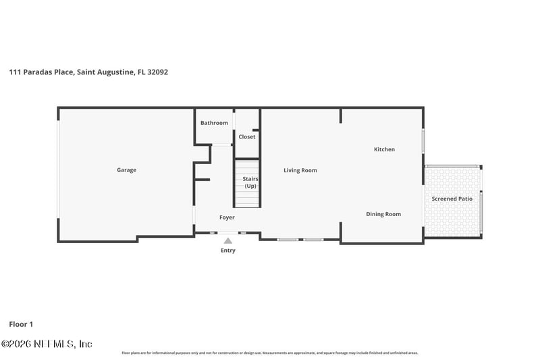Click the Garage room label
click(x=126, y=170)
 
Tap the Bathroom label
click(x=214, y=123)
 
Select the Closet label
click(x=247, y=137)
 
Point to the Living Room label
click(x=300, y=171)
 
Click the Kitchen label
click(x=384, y=149)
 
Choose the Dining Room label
click(x=383, y=214)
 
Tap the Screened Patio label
click(x=452, y=199)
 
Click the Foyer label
click(x=227, y=217)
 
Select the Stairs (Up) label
click(x=250, y=182)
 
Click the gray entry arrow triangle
click(x=228, y=240)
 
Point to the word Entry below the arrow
click(x=228, y=251)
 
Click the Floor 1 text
click(x=22, y=324)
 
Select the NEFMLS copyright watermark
click(x=47, y=344)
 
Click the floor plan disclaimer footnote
click(x=270, y=353)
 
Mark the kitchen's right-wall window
click(x=424, y=141)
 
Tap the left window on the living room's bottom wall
click(x=288, y=239)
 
